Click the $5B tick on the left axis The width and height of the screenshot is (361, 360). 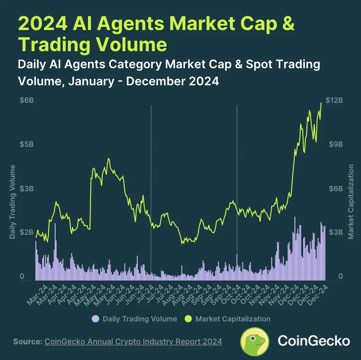pyautogui.click(x=26, y=144)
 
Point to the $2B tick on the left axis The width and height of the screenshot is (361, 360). pyautogui.click(x=26, y=232)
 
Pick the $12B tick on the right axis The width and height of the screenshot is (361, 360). pyautogui.click(x=335, y=100)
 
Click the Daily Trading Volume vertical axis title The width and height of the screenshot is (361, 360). pyautogui.click(x=13, y=202)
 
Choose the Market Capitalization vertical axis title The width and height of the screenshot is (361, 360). pyautogui.click(x=351, y=202)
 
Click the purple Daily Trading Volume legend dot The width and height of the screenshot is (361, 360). pyautogui.click(x=95, y=319)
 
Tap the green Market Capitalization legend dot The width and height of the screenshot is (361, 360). pyautogui.click(x=188, y=319)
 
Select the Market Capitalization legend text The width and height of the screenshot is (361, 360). pyautogui.click(x=233, y=319)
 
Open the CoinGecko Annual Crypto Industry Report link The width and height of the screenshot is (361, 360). pyautogui.click(x=133, y=342)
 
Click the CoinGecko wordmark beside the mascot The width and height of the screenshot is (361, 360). pyautogui.click(x=314, y=341)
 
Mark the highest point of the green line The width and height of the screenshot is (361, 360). pyautogui.click(x=321, y=103)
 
